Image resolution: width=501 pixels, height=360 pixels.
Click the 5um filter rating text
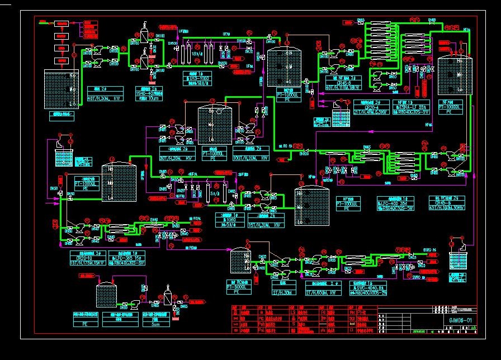[156, 324]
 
